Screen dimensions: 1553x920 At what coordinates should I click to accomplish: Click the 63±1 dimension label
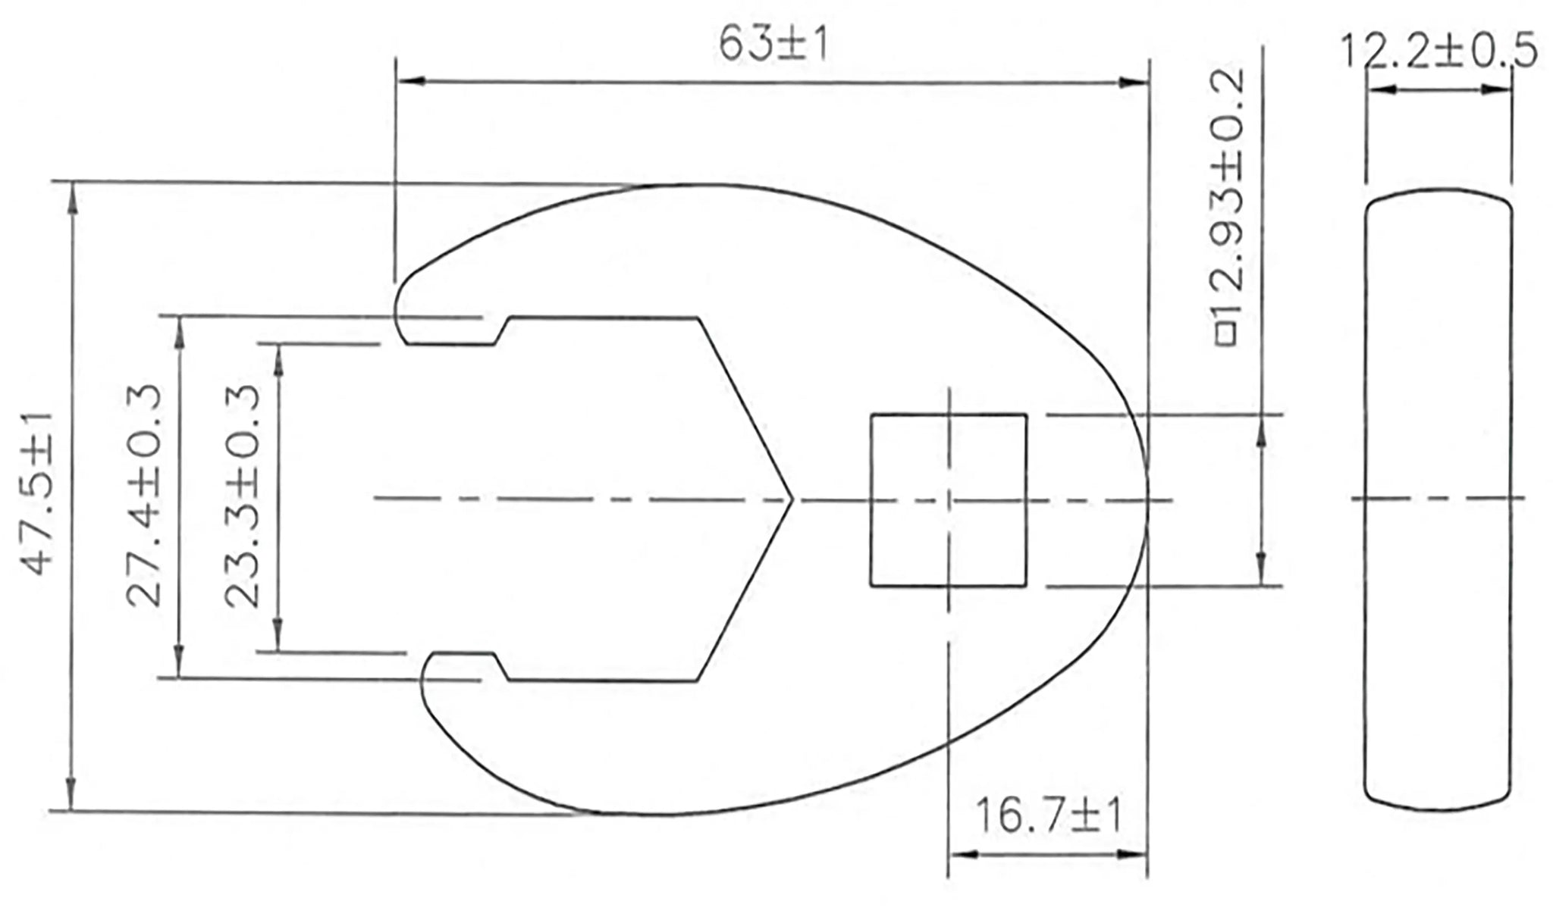click(773, 46)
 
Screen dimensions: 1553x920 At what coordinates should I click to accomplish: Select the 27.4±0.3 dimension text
click(143, 496)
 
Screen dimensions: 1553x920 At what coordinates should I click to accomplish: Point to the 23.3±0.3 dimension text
click(243, 496)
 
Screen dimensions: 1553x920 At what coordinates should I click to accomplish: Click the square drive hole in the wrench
click(948, 500)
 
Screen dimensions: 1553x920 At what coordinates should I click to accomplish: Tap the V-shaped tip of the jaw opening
click(791, 499)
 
